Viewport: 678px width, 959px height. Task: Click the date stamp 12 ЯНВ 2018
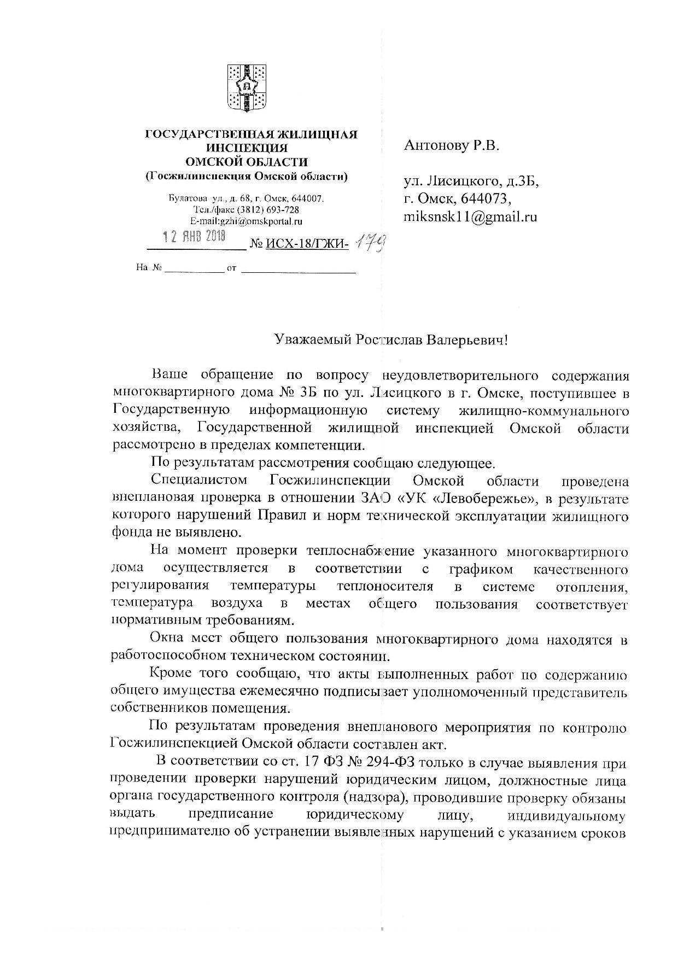coord(195,237)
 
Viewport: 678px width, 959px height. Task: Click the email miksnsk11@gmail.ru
coord(470,217)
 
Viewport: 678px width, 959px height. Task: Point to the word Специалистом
coord(199,481)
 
